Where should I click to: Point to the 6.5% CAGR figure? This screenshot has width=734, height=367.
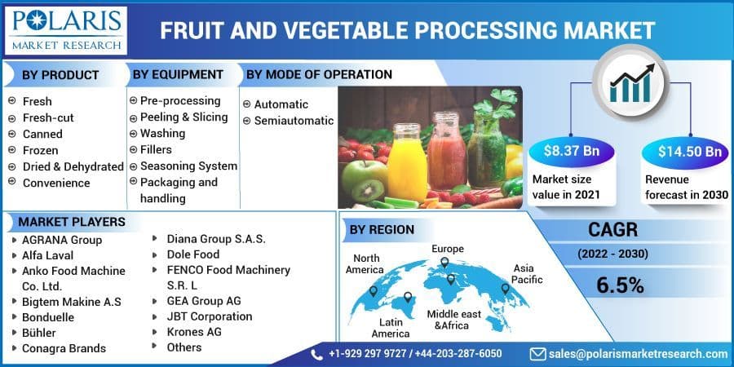click(620, 285)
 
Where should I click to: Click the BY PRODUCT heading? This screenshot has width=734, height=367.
click(60, 75)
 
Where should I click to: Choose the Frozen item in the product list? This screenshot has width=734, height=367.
click(40, 150)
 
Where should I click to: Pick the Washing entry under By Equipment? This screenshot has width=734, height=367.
click(162, 133)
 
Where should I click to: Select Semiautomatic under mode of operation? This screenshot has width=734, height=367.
click(294, 121)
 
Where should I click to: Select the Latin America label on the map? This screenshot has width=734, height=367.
click(391, 327)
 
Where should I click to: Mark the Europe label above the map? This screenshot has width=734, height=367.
click(448, 249)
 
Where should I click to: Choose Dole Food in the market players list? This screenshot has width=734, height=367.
click(193, 254)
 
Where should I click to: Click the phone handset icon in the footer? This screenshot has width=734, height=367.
click(317, 354)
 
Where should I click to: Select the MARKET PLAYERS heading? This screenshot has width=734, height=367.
click(72, 222)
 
